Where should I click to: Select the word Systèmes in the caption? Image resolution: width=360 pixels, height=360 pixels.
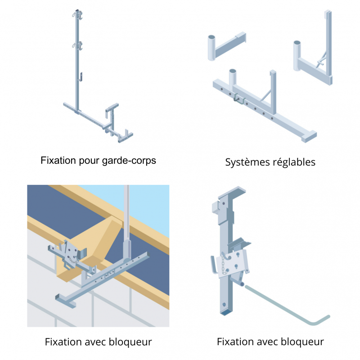[247, 162]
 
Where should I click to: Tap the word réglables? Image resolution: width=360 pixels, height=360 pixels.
[293, 162]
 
